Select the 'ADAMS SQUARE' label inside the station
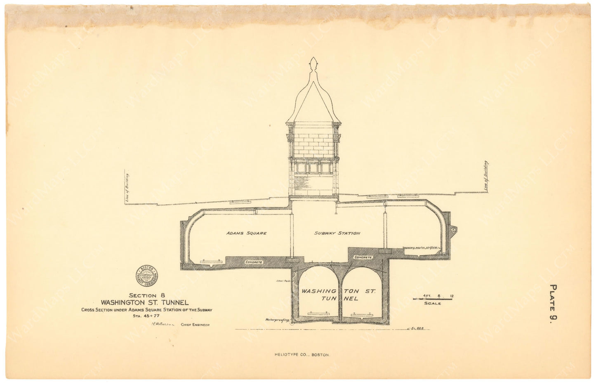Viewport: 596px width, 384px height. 246,233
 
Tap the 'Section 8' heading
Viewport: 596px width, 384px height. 143,295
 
